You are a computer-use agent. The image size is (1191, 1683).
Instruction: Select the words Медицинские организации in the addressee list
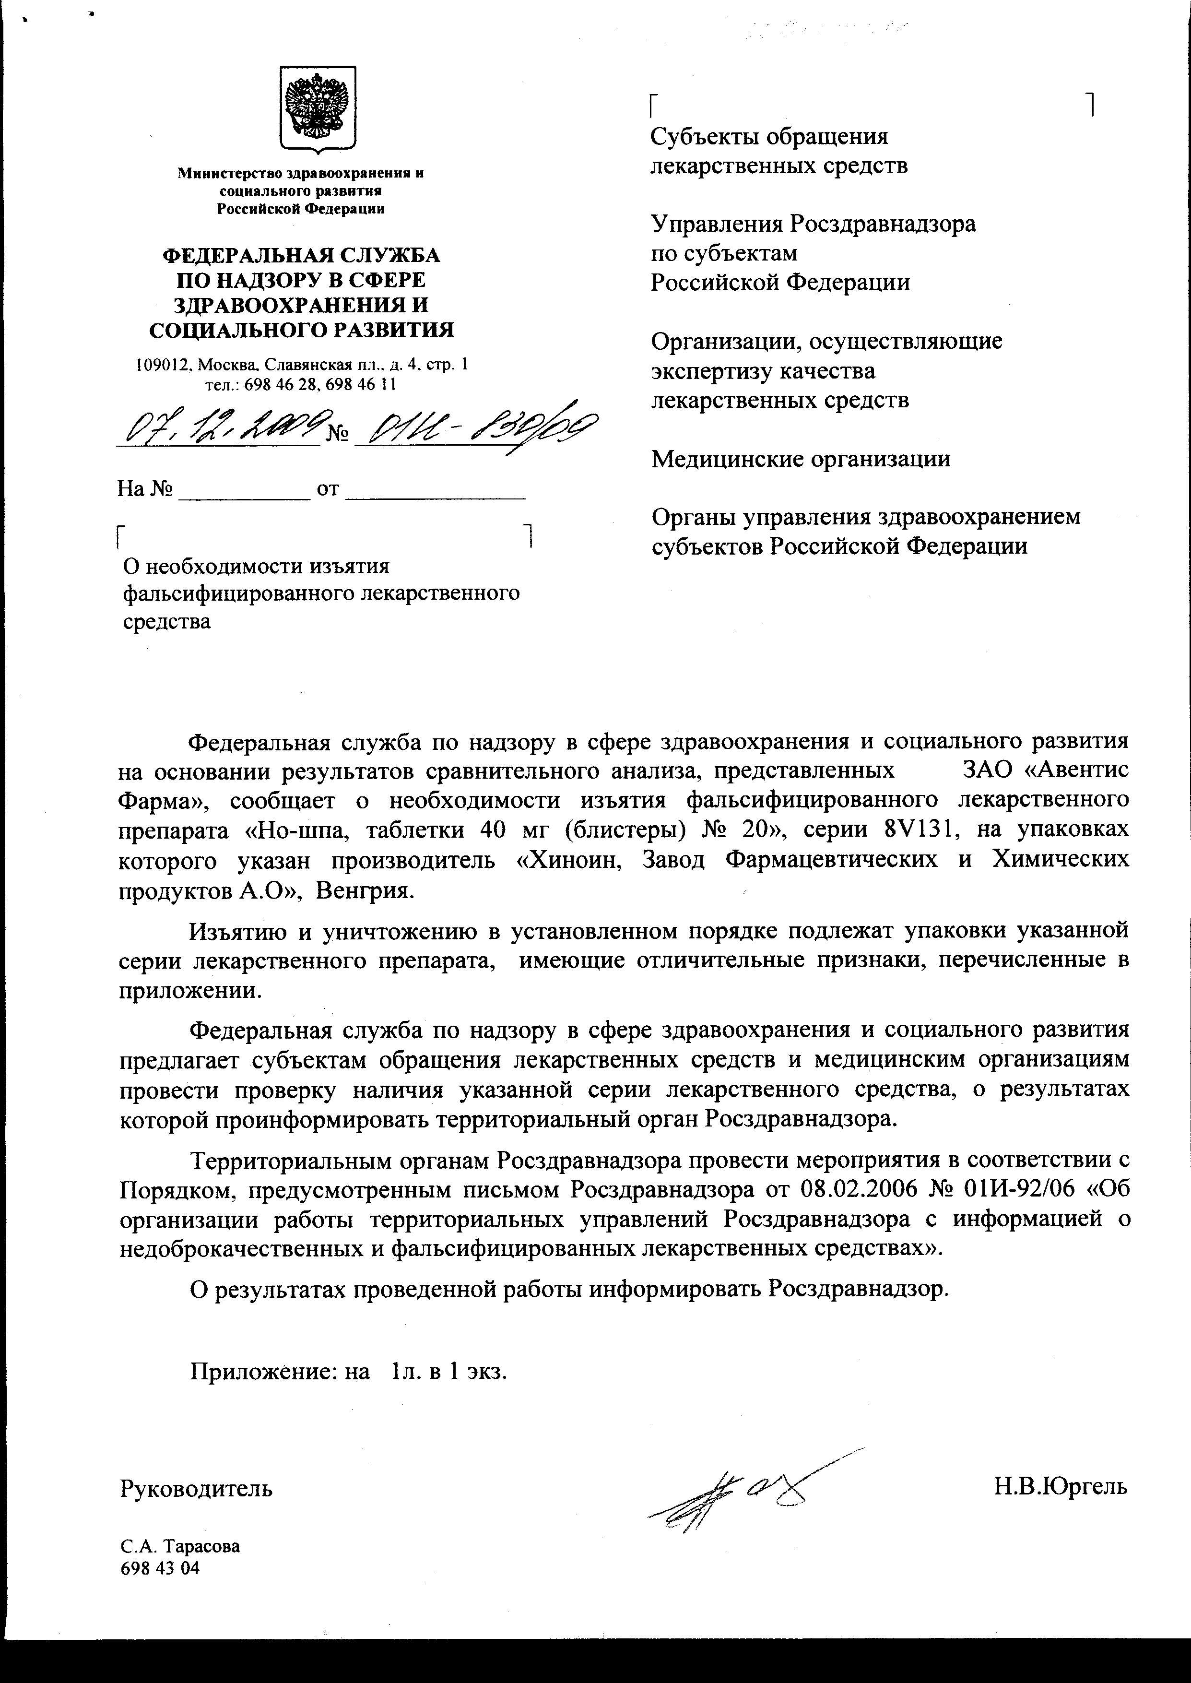click(801, 459)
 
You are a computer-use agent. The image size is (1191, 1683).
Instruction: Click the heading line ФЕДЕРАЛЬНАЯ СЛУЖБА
click(301, 255)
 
